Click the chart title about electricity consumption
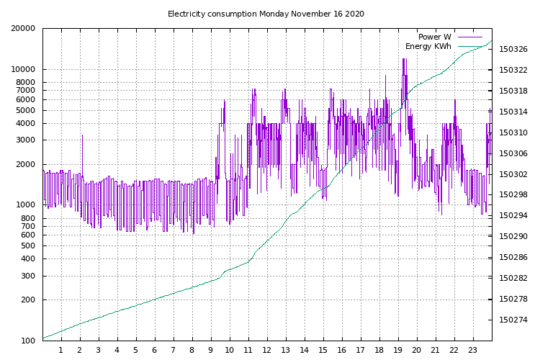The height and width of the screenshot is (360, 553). tap(266, 14)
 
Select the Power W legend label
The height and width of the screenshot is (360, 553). tap(434, 37)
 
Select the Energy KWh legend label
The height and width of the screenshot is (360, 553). tap(428, 47)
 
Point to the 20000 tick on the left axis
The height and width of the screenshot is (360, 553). tap(22, 29)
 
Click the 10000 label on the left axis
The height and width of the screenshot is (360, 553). tap(22, 70)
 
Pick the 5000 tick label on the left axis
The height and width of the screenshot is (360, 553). tap(25, 111)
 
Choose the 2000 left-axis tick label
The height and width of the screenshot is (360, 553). tap(25, 164)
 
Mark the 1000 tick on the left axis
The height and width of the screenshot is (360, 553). tap(25, 205)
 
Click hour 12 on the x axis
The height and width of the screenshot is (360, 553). tap(267, 351)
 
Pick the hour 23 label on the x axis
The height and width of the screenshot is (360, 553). tap(473, 351)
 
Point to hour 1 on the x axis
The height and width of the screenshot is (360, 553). tap(61, 351)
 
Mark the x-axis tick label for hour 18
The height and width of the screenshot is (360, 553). tap(379, 351)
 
